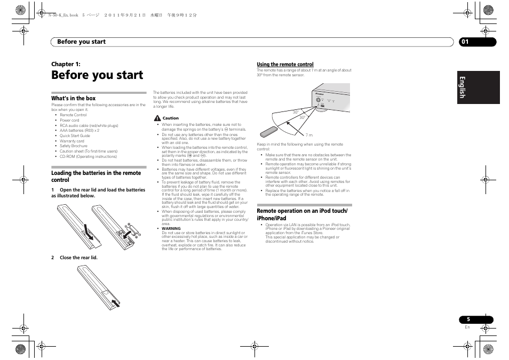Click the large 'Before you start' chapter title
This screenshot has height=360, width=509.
[97, 75]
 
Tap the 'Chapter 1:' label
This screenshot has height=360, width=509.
[66, 64]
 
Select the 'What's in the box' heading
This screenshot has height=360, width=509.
[74, 98]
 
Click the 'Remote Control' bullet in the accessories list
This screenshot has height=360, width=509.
[73, 115]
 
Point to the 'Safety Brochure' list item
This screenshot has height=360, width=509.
[74, 146]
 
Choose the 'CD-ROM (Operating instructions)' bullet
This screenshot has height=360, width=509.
[88, 157]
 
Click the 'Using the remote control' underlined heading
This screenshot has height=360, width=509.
[285, 65]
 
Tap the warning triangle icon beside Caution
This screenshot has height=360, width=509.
[157, 118]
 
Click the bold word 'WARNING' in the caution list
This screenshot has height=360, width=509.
[171, 228]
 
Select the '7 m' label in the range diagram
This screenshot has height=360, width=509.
[309, 135]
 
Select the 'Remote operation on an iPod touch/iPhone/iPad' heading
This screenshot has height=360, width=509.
[302, 214]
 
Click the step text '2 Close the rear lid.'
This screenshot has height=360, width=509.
[75, 258]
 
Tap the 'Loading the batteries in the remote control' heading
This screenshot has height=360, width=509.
[96, 177]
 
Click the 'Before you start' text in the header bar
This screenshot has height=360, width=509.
[81, 42]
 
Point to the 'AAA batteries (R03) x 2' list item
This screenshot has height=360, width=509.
[79, 131]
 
